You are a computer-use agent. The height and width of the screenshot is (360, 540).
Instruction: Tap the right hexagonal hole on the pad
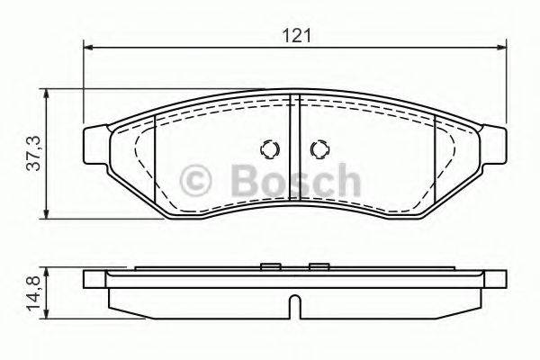317,149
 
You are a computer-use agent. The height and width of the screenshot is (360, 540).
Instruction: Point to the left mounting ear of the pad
94,143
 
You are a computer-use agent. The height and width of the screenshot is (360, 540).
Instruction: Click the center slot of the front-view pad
294,153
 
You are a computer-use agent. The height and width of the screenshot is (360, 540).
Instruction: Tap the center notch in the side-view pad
294,310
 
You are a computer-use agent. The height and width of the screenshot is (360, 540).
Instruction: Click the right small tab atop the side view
317,265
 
